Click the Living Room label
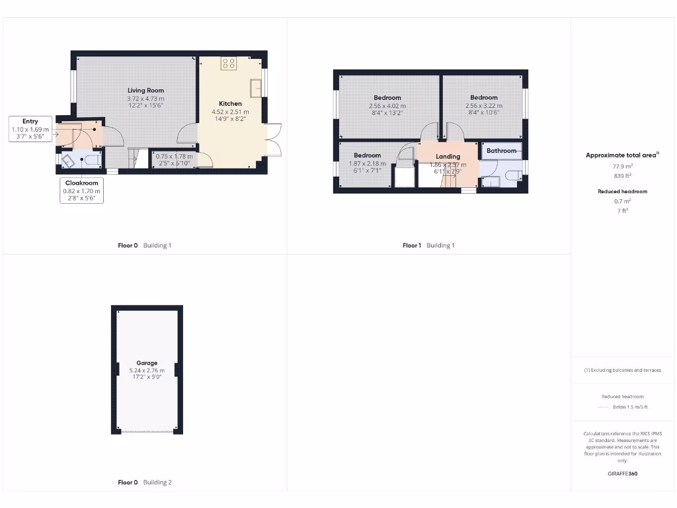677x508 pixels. click(145, 90)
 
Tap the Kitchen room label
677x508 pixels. click(230, 103)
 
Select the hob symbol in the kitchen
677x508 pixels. click(229, 63)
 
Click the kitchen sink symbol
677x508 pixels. click(256, 87)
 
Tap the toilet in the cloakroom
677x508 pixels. click(92, 159)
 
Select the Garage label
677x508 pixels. click(147, 362)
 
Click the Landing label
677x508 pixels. click(448, 156)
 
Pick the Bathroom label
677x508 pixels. click(501, 151)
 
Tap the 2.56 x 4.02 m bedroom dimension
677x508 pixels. click(387, 105)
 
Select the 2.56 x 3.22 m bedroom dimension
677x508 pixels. click(483, 105)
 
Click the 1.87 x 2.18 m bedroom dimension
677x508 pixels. click(367, 163)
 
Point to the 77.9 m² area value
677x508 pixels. click(621, 167)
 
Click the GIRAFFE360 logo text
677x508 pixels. click(622, 474)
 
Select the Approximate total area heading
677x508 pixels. click(621, 155)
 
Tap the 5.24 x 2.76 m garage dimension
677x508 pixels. click(147, 370)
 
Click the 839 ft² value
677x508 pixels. click(621, 177)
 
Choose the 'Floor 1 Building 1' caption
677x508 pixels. click(428, 245)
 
